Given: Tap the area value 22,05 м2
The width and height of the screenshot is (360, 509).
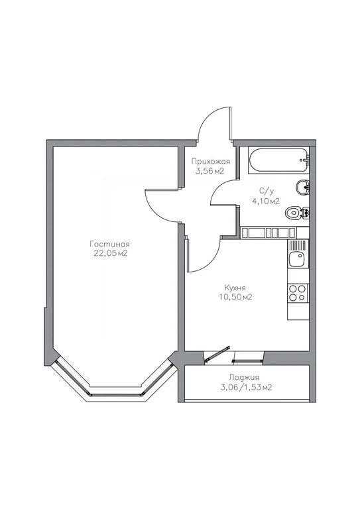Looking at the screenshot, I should [x=110, y=253].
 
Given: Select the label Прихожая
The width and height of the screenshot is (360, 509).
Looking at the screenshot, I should [x=211, y=162].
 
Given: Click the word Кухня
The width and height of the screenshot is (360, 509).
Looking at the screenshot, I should [x=237, y=288].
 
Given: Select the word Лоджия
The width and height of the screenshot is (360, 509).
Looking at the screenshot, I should [x=236, y=378].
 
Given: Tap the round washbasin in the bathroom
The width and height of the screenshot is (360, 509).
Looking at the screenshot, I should [x=302, y=186].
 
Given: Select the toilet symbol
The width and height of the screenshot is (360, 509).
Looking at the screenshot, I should [x=295, y=213].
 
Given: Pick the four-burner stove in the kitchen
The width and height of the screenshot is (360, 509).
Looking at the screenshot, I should [x=297, y=292].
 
